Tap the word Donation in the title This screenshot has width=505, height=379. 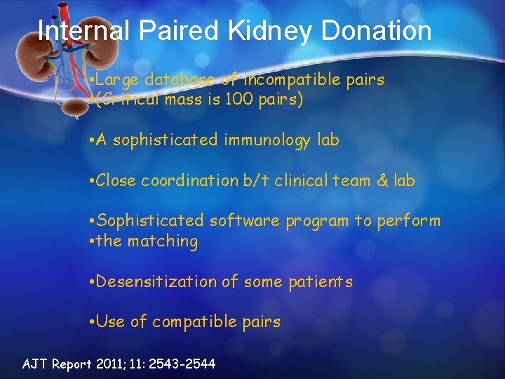(x=377, y=30)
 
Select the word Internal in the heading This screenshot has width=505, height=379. (x=83, y=30)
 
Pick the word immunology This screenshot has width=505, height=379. (x=268, y=140)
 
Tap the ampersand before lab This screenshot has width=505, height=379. (x=383, y=180)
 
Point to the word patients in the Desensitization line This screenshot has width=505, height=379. (x=320, y=282)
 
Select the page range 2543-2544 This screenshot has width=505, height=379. (x=184, y=364)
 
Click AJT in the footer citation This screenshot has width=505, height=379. (x=35, y=364)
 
